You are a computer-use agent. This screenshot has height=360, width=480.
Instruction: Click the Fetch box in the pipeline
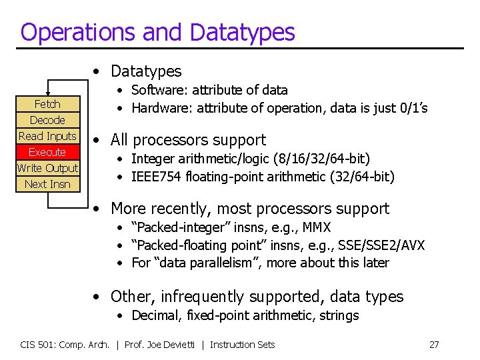click(47, 104)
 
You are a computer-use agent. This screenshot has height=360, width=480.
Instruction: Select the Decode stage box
click(47, 120)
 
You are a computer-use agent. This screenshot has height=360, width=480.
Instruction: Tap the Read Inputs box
click(47, 136)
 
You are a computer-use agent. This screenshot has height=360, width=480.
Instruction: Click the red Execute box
click(47, 152)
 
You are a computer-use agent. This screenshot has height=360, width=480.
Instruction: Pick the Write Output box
click(47, 168)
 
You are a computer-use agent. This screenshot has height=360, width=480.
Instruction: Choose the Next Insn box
click(47, 184)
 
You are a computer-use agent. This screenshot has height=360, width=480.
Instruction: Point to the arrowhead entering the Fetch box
click(47, 93)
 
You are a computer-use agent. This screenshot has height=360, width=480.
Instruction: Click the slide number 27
click(434, 345)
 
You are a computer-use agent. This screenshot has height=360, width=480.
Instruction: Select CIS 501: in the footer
click(38, 345)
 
